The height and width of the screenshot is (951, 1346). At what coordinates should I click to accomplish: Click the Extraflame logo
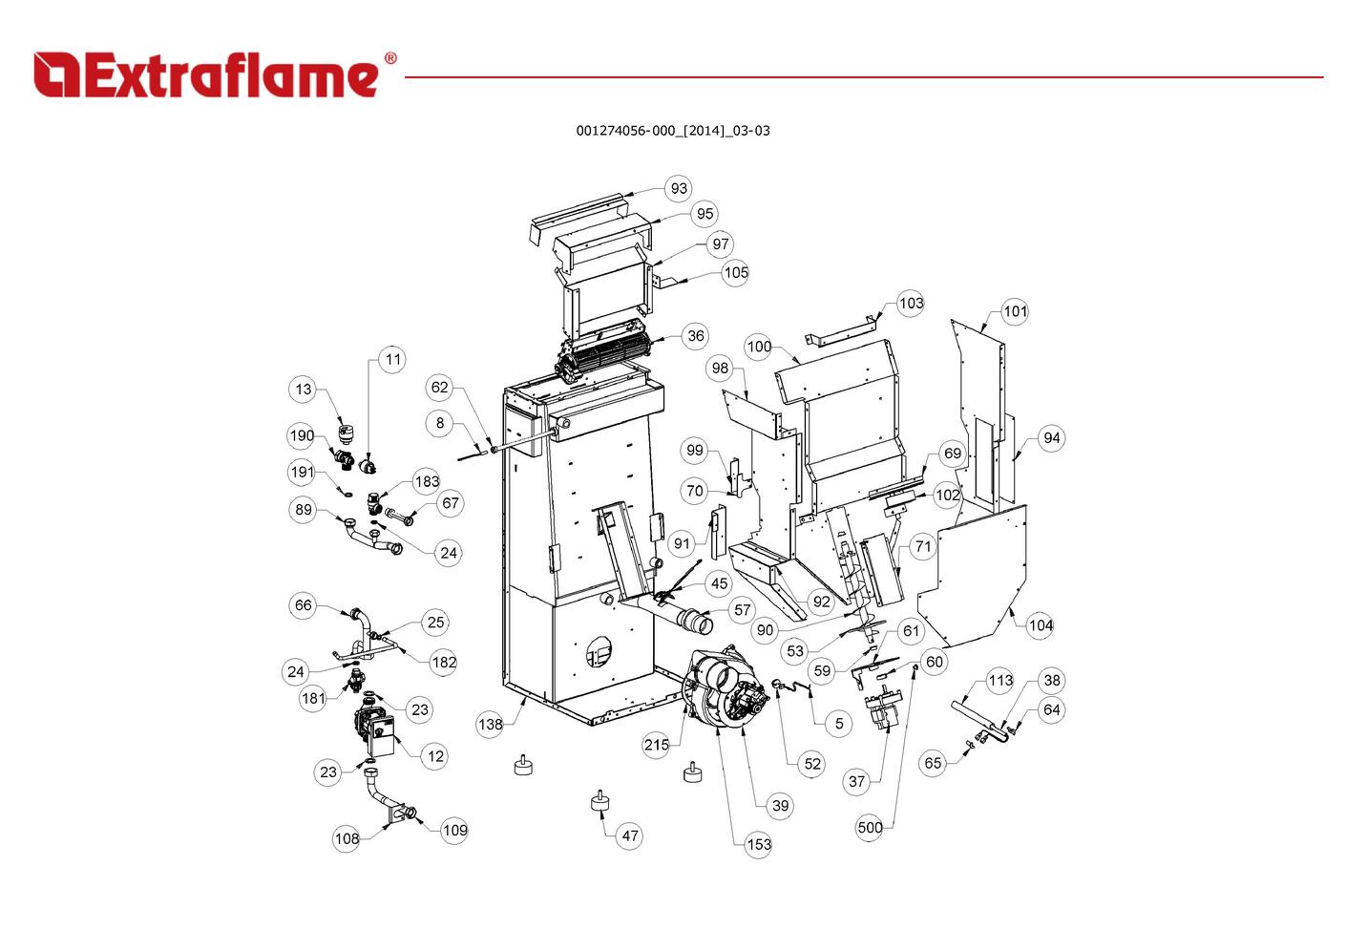[x=215, y=74]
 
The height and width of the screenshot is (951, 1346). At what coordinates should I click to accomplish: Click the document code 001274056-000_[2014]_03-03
[x=672, y=131]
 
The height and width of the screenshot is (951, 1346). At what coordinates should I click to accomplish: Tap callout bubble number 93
[x=679, y=188]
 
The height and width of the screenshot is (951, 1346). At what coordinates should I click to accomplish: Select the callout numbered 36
[x=696, y=335]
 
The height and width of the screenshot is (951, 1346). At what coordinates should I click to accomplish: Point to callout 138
[x=490, y=725]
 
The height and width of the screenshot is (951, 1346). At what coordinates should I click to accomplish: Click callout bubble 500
[x=870, y=828]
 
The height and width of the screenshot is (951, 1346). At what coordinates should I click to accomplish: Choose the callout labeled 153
[x=759, y=844]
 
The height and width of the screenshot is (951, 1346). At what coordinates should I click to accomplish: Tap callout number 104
[x=1041, y=626]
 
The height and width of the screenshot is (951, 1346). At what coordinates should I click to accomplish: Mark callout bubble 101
[x=1015, y=311]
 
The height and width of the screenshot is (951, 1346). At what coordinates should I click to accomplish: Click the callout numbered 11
[x=392, y=360]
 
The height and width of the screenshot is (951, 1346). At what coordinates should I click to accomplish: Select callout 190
[x=302, y=436]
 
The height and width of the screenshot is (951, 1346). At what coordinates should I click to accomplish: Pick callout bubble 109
[x=454, y=830]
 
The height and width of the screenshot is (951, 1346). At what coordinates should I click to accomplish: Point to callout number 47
[x=630, y=836]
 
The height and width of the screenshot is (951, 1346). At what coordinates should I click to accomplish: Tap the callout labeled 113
[x=1000, y=681]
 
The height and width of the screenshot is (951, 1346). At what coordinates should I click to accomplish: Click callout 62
[x=439, y=388]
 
